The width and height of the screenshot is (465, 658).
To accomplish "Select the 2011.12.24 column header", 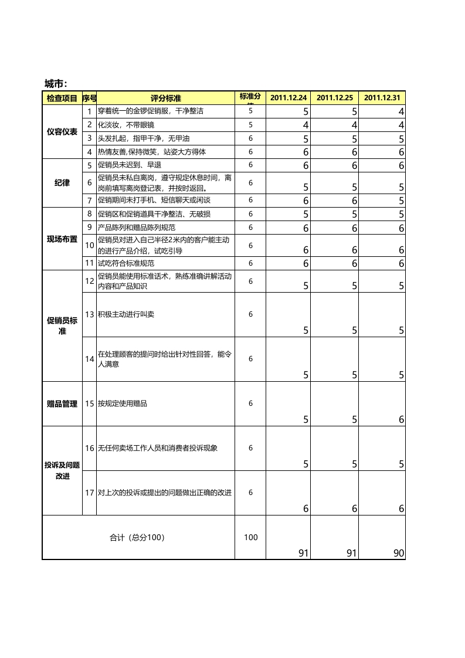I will (x=288, y=98).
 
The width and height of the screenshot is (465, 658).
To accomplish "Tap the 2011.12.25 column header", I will (x=335, y=98).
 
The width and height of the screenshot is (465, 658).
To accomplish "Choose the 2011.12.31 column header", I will (x=382, y=98).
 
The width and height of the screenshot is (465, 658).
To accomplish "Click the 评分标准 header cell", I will (x=166, y=98).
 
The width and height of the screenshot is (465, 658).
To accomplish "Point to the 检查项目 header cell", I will (x=62, y=98).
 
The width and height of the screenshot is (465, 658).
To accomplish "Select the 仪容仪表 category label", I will (x=62, y=132).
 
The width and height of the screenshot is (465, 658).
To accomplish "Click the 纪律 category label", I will (x=62, y=183).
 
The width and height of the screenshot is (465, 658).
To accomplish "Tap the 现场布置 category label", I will (x=62, y=239).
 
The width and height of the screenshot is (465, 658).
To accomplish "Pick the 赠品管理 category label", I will (x=62, y=403).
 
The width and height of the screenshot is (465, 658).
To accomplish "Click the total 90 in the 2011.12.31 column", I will (x=399, y=553).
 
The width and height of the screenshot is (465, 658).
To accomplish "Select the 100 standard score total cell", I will (x=250, y=537).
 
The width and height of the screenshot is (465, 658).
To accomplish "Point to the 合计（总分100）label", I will (x=138, y=537).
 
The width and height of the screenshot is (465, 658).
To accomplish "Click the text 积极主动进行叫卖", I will (x=126, y=314).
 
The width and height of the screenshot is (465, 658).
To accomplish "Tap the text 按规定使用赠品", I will (x=122, y=403).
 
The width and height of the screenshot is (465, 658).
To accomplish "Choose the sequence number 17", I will (x=90, y=493).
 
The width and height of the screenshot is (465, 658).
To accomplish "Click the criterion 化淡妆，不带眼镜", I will (x=126, y=124).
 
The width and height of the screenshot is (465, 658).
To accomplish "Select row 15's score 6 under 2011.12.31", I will (x=401, y=419).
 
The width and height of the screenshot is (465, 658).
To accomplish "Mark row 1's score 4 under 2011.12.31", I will (x=401, y=111).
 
